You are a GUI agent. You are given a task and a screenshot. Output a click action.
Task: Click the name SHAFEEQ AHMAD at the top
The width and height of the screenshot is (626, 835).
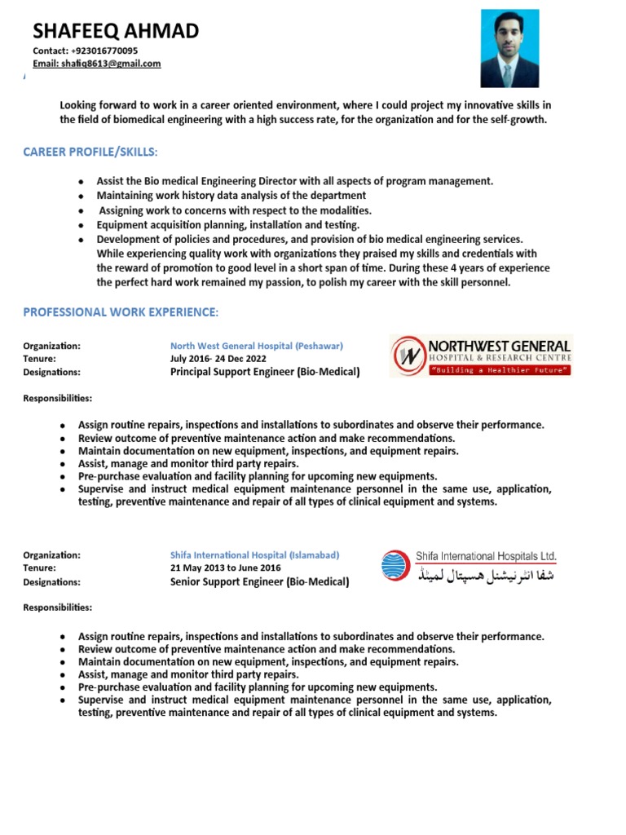[x=115, y=31]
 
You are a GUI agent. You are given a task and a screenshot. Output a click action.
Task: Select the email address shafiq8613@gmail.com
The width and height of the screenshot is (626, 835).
[x=111, y=64]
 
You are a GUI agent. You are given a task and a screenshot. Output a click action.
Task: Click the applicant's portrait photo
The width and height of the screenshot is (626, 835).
[x=509, y=48]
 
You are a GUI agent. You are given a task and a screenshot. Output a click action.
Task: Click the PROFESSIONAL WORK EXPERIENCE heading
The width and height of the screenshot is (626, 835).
[x=121, y=312]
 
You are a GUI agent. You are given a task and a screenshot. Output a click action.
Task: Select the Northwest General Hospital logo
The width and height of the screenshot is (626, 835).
[x=481, y=356]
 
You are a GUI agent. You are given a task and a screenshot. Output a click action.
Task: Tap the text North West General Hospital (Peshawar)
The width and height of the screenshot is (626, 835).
[x=257, y=346]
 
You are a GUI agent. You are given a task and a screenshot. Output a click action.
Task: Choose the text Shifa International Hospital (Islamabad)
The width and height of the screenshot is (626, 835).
[x=254, y=554]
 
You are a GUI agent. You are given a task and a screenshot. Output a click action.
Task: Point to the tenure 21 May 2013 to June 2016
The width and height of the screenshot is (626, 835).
[x=225, y=568]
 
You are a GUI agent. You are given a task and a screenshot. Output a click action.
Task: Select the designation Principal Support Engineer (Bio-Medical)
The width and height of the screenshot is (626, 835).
[x=264, y=372]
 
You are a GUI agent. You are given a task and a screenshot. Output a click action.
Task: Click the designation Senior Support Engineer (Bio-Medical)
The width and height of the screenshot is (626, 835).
[x=259, y=582]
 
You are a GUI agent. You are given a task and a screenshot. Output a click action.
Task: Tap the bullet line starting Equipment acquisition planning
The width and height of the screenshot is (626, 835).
[x=227, y=224]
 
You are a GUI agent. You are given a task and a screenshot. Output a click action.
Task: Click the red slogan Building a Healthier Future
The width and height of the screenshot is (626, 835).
[x=500, y=370]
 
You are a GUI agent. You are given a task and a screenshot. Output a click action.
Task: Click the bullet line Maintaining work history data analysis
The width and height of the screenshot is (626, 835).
[x=231, y=196]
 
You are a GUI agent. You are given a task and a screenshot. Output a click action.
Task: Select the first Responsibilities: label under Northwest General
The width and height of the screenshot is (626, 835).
[x=57, y=399]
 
